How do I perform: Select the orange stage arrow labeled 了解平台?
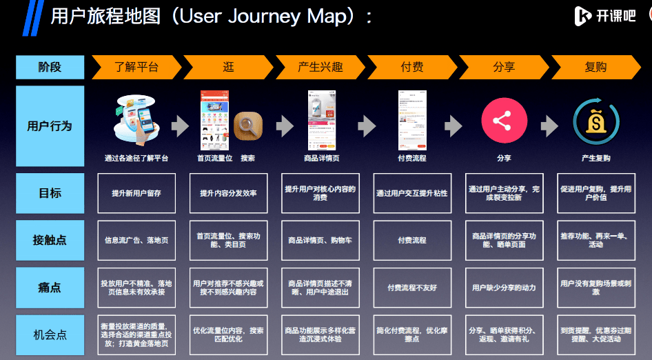coord(135,67)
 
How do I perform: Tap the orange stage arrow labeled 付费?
coord(411,67)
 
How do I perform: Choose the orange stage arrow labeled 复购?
coord(595,67)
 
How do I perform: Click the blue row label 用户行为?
coord(50,126)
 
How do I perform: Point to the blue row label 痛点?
coord(50,287)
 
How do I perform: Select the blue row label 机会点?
coord(50,334)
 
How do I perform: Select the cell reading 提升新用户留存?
coord(136,193)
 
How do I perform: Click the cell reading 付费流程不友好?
coord(412,288)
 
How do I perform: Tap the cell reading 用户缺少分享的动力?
coord(504,288)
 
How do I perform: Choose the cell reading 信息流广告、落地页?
coord(136,240)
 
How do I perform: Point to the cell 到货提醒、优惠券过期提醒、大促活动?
coord(595,334)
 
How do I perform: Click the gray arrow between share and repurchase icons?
coord(549,126)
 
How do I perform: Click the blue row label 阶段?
coord(50,67)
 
